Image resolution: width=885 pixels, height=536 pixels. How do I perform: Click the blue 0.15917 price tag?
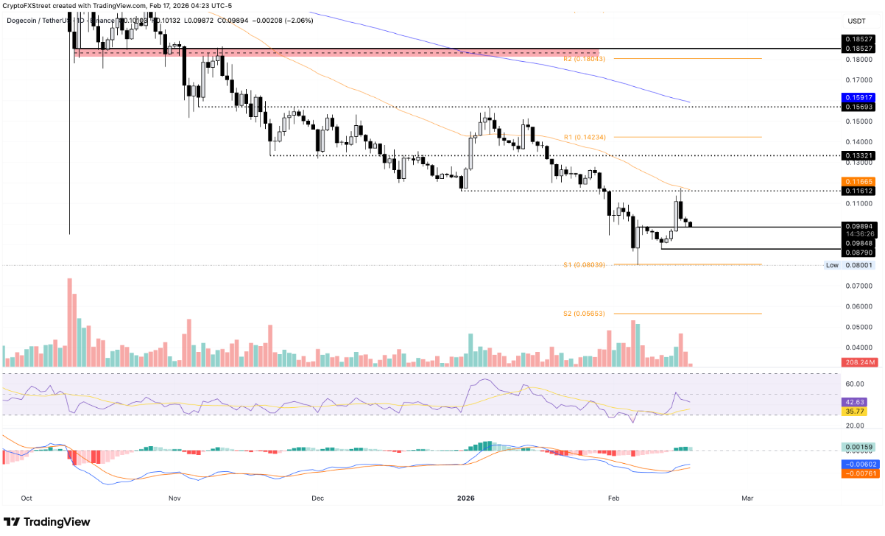pos(858,97)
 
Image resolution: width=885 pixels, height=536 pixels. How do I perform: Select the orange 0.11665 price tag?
pos(858,180)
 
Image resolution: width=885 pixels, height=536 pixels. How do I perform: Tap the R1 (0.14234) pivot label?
pos(584,137)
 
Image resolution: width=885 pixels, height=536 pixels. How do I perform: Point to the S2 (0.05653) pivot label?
pos(584,314)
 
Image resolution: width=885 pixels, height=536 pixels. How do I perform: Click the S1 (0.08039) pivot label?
pos(584,264)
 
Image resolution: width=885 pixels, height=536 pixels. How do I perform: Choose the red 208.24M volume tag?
pos(858,362)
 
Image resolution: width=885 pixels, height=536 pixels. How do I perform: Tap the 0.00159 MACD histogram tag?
pos(858,447)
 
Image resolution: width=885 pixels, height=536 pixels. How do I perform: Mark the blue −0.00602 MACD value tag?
pos(858,465)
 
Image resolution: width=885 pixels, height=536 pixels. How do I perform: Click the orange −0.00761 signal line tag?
pos(858,474)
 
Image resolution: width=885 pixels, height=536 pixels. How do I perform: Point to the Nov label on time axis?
pos(174,498)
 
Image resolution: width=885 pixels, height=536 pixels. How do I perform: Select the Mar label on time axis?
pos(747,498)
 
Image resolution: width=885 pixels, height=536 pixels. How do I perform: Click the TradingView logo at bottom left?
pos(48,522)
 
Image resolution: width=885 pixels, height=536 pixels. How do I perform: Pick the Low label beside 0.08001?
pos(832,265)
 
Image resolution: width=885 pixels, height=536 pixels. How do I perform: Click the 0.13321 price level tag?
pos(858,156)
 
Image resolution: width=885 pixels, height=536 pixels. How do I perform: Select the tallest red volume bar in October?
pos(70,322)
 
